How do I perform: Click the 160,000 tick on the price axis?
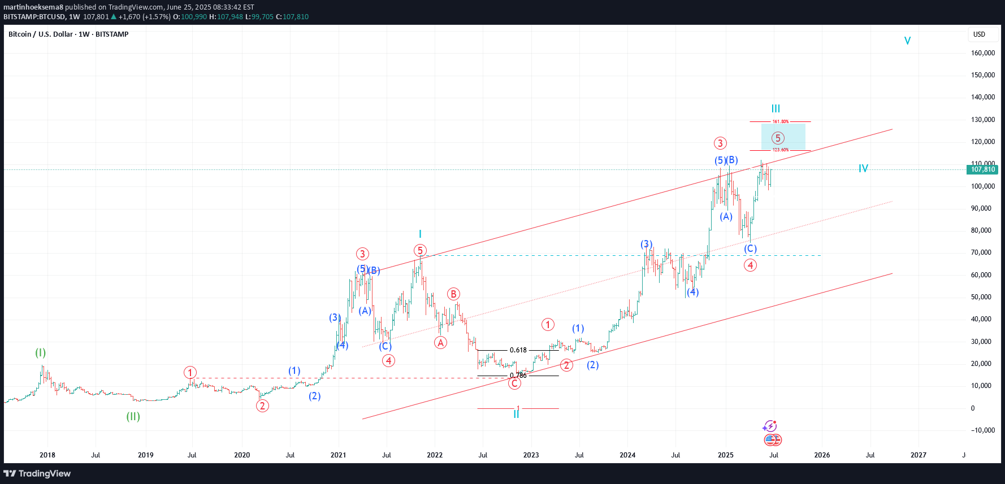click(x=982, y=53)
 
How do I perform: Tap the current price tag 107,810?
click(x=982, y=169)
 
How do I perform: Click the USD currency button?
click(x=979, y=34)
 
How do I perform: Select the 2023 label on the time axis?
click(x=531, y=455)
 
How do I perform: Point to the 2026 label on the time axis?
click(x=822, y=455)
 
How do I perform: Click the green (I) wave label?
click(x=41, y=353)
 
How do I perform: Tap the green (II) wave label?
click(x=133, y=417)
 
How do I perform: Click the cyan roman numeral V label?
click(x=907, y=41)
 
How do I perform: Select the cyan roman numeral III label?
click(x=776, y=108)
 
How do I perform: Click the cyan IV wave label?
click(x=863, y=168)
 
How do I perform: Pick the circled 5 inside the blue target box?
click(x=778, y=138)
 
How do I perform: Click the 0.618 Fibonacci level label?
click(x=518, y=350)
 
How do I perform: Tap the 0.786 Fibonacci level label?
click(x=518, y=376)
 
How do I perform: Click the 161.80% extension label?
click(x=780, y=121)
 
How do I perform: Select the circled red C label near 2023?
click(x=514, y=383)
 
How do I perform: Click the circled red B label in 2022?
click(x=453, y=294)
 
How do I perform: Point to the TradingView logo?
click(x=37, y=473)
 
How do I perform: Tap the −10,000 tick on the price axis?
click(x=982, y=430)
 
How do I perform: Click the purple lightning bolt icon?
click(x=770, y=426)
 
